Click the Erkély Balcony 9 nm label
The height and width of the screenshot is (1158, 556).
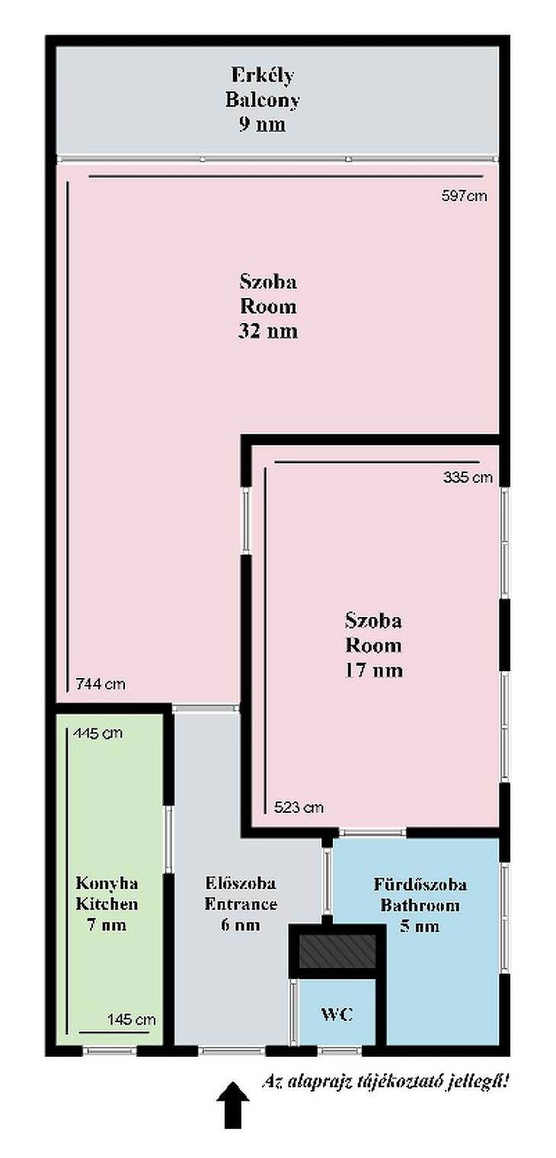click(x=263, y=99)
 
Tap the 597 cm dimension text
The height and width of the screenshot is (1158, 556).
click(x=464, y=196)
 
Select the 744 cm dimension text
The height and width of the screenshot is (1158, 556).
click(x=101, y=684)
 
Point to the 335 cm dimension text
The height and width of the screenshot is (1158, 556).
click(x=468, y=477)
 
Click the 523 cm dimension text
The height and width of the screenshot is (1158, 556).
click(x=299, y=807)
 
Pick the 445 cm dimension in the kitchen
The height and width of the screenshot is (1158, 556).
click(x=97, y=733)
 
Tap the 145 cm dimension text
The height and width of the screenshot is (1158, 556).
click(x=131, y=1019)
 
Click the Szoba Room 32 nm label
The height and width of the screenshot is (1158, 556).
click(x=268, y=306)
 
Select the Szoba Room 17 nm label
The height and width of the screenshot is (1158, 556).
click(x=374, y=645)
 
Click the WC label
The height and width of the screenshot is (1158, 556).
click(x=337, y=1014)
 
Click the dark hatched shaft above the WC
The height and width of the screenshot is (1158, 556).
click(x=337, y=951)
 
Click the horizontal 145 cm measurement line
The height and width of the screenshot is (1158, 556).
click(x=114, y=1032)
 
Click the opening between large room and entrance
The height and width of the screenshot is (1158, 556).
click(x=206, y=709)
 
